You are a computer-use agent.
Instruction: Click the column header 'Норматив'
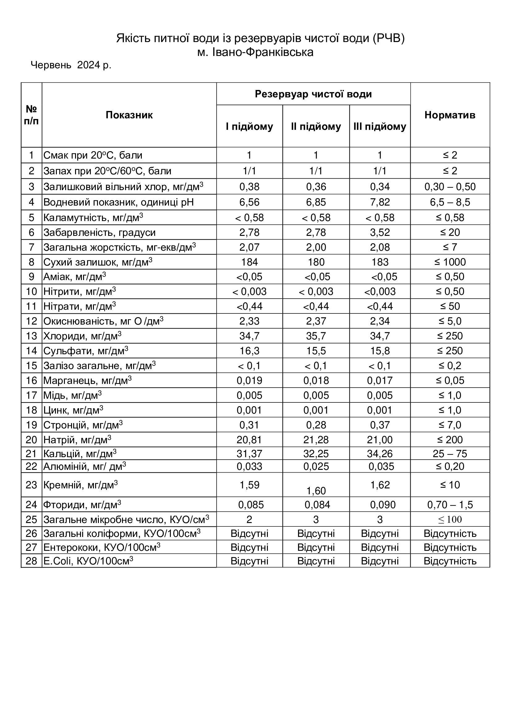pos(450,115)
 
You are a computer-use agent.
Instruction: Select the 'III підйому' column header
pos(379,126)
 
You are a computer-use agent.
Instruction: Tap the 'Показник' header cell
pos(129,115)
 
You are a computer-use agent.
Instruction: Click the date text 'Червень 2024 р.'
pos(71,65)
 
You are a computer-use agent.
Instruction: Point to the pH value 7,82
pos(380,202)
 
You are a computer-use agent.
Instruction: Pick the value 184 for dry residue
pos(249,262)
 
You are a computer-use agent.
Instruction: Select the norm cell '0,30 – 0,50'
pos(450,187)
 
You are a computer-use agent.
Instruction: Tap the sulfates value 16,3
pos(249,351)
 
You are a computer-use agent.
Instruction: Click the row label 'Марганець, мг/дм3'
pos(87,381)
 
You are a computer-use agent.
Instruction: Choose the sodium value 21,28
pos(316,440)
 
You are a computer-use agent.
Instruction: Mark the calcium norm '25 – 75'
pos(450,454)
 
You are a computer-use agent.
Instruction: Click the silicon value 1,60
pos(316,491)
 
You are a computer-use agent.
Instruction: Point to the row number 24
pos(32,505)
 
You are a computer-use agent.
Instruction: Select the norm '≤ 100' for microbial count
pos(450,519)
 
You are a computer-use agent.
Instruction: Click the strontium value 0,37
pos(380,425)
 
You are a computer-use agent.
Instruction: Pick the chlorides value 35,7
pos(316,336)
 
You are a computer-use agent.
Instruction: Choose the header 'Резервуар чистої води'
pos(313,94)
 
